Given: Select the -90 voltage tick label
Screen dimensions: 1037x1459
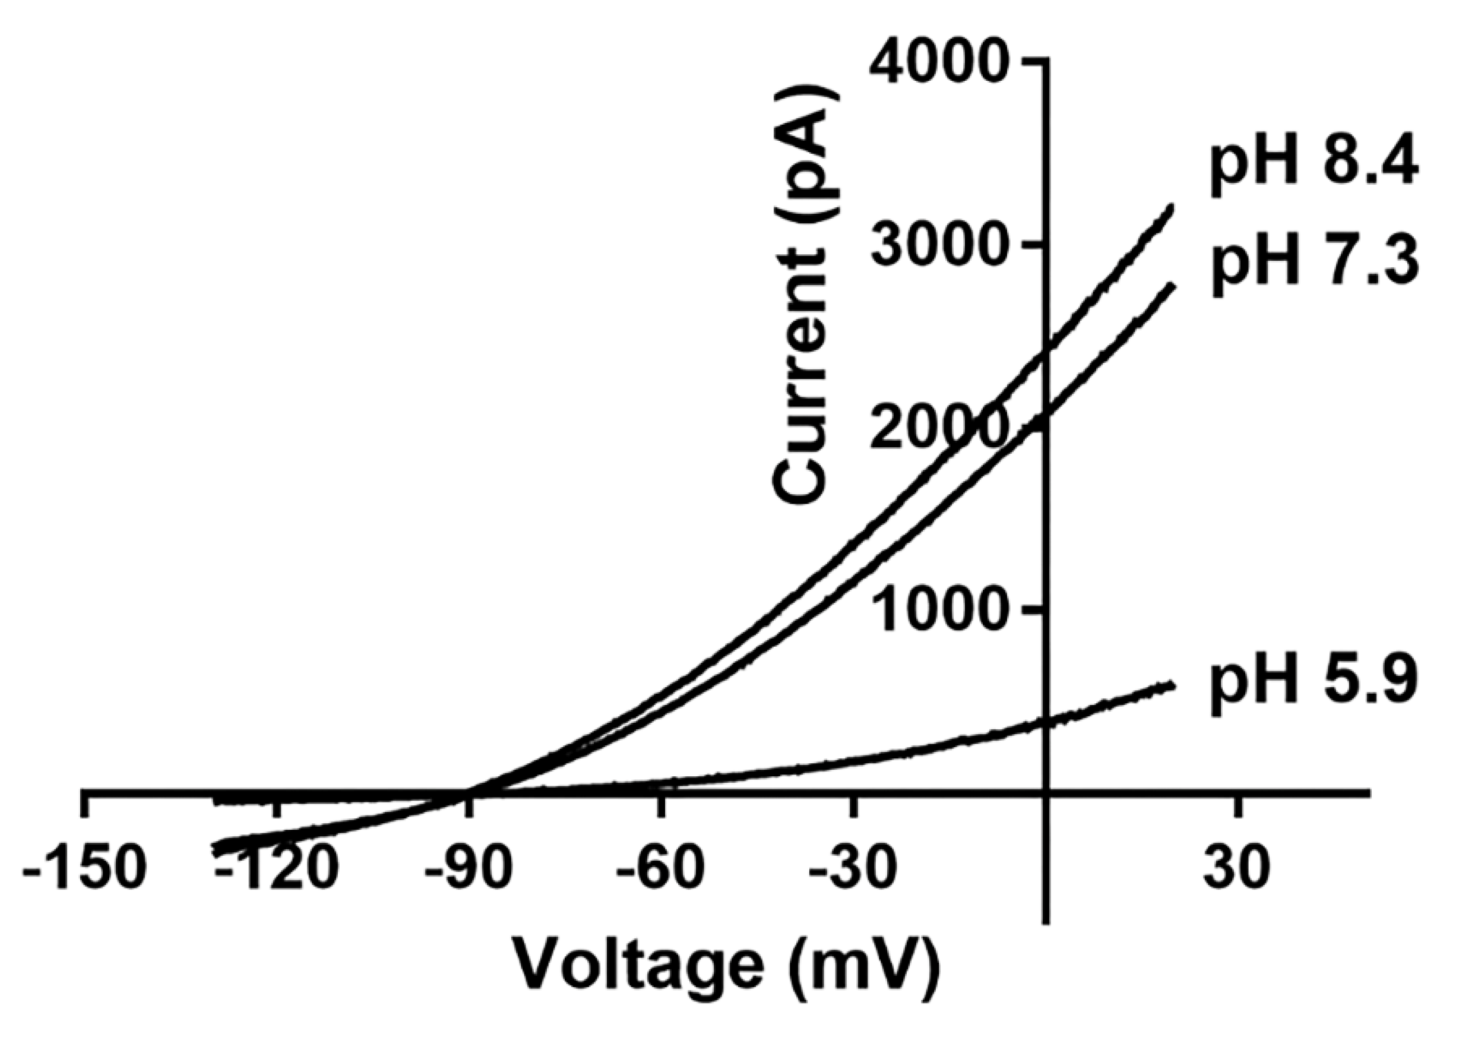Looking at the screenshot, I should pos(468,870).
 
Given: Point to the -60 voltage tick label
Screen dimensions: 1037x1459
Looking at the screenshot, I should pos(660,870).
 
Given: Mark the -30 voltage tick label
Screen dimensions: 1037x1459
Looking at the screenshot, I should pos(853,870).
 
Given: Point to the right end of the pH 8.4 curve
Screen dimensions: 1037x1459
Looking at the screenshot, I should pos(1171,206).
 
